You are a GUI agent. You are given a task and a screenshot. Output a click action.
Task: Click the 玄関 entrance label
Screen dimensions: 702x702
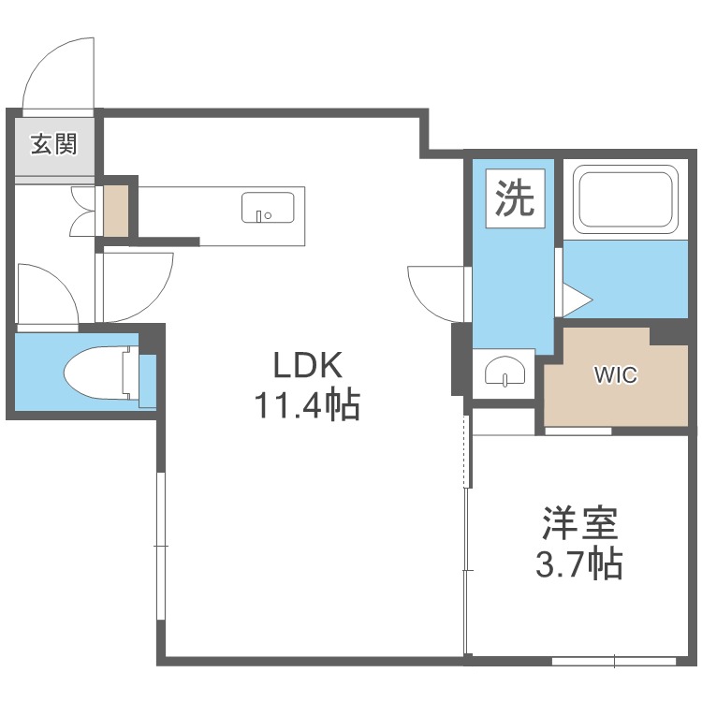point(53,144)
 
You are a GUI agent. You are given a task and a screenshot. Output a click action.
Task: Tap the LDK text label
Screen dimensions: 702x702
point(308,366)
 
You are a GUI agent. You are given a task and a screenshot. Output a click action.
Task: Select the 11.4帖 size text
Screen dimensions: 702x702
point(307,405)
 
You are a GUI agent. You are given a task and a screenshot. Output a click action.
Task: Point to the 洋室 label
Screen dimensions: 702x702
point(580,523)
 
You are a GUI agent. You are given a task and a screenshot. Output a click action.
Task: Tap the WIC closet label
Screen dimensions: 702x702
point(616,374)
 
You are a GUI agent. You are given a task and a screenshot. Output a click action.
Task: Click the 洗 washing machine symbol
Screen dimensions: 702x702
point(516,198)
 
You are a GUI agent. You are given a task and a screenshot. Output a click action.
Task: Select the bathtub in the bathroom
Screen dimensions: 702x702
point(625,198)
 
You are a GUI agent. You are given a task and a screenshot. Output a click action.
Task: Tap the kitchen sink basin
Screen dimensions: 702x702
point(268,208)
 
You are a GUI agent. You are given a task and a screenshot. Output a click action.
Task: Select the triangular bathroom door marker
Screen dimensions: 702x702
point(578,300)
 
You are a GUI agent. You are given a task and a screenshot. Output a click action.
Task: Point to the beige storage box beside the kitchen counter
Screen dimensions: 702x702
point(116,211)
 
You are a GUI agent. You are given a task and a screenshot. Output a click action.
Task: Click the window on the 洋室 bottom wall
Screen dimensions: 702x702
point(614,661)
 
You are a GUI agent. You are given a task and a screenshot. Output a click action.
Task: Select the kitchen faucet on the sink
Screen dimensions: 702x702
point(258,216)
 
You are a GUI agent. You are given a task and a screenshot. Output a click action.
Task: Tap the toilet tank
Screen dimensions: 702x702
point(147,381)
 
